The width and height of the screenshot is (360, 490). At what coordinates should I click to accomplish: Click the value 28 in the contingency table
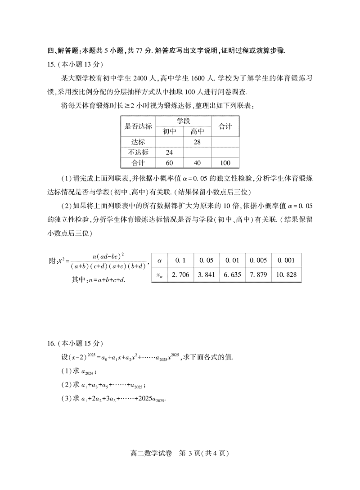(197, 142)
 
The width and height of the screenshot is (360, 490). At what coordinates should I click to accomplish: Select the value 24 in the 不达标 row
(170, 153)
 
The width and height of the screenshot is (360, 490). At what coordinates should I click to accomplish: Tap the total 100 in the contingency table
(225, 163)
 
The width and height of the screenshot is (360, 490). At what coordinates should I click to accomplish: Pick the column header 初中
(170, 131)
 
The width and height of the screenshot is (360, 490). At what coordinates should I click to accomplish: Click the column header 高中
(197, 131)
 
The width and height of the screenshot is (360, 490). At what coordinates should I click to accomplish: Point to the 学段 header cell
(183, 121)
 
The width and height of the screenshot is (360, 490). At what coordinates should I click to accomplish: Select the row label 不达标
(139, 153)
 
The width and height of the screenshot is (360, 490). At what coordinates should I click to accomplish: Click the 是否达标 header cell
(139, 126)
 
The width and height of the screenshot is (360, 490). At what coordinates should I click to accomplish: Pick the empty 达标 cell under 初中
(170, 142)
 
